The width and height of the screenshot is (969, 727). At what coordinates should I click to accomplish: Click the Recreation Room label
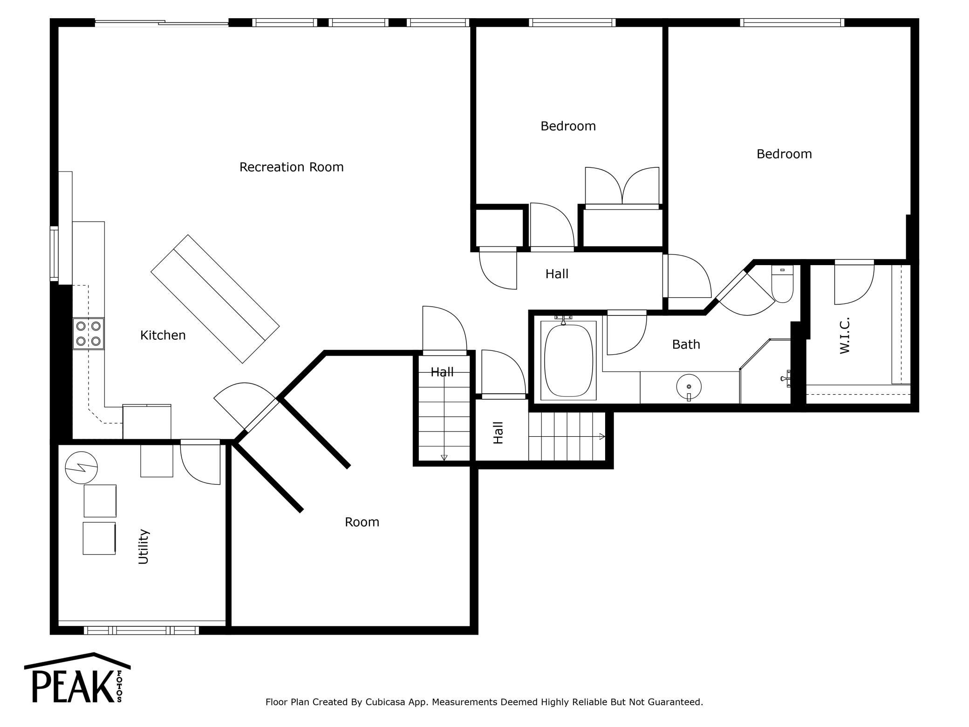292,167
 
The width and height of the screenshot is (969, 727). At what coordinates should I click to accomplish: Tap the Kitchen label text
163,335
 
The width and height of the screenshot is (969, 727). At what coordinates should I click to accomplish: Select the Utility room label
143,547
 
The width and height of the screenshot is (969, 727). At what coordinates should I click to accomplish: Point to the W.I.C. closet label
845,336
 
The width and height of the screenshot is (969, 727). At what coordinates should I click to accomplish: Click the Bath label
686,344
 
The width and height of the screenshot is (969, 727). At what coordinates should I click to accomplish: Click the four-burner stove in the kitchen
89,334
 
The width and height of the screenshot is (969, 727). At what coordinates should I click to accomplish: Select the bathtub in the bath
569,360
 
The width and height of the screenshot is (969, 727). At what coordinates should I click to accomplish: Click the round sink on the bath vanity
689,387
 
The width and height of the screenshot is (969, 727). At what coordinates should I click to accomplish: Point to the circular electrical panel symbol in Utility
82,467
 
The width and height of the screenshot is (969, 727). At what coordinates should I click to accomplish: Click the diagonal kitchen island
215,299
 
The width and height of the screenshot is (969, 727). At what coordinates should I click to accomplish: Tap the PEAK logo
77,678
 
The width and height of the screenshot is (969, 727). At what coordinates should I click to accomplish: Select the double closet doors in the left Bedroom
622,186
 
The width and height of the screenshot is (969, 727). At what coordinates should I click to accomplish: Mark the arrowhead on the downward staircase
444,458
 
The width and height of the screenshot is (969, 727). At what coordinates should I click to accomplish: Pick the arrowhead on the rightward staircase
602,437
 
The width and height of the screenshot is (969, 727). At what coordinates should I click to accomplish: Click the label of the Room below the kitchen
362,522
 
